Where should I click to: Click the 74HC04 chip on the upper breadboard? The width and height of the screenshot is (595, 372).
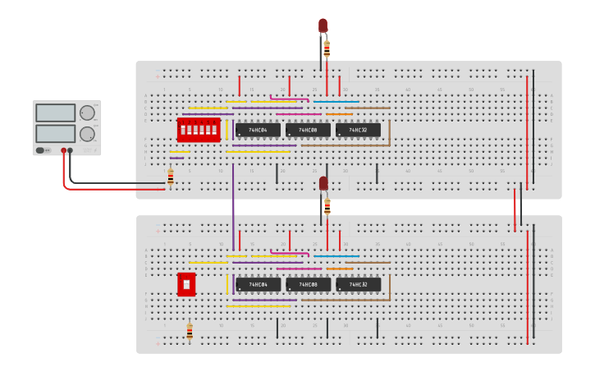click(258, 130)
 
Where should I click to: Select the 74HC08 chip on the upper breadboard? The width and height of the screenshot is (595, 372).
click(308, 130)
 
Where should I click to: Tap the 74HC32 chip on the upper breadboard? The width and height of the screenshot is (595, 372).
click(358, 130)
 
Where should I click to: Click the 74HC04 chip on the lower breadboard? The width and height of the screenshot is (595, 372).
click(258, 284)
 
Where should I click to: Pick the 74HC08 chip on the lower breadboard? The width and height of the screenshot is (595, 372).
click(308, 284)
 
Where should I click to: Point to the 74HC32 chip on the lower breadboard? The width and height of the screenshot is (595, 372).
click(358, 284)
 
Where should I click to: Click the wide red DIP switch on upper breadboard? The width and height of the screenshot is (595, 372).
click(199, 130)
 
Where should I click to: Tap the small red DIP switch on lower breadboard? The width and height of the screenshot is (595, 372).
click(186, 284)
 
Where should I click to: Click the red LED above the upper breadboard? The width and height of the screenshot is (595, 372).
click(323, 26)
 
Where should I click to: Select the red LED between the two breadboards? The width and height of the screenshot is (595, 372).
click(323, 183)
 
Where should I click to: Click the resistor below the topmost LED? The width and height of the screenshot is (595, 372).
click(327, 49)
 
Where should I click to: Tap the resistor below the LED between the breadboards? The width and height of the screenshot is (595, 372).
click(327, 205)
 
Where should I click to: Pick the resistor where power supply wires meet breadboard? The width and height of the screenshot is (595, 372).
click(170, 177)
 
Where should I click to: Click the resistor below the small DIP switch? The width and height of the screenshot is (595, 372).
click(190, 332)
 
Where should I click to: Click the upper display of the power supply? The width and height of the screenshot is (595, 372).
click(56, 113)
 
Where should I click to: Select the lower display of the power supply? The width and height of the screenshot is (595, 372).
click(56, 133)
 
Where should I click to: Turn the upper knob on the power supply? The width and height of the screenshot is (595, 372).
click(87, 113)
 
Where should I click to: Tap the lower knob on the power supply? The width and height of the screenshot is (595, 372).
click(87, 134)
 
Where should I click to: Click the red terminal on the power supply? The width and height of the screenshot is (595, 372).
click(63, 151)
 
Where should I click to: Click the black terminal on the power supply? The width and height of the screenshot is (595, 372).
click(71, 151)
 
